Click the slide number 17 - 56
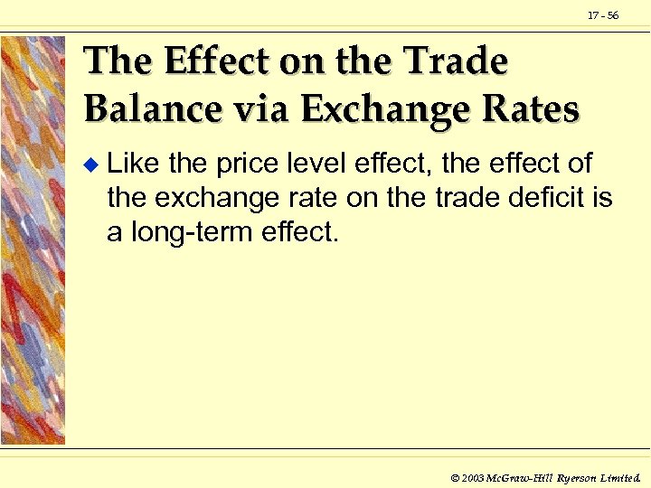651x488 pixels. (x=604, y=15)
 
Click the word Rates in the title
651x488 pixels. (x=530, y=109)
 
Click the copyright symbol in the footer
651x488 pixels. (x=456, y=475)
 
